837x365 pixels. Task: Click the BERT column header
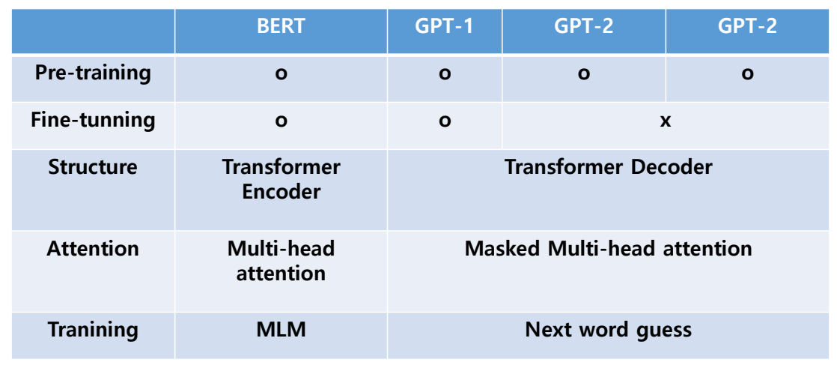[281, 26]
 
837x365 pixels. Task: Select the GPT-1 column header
[444, 26]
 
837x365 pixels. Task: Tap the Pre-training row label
[93, 73]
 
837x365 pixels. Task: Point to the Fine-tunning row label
[93, 120]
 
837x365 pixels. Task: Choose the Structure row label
[93, 166]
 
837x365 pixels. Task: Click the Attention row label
[93, 248]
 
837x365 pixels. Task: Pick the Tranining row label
[93, 329]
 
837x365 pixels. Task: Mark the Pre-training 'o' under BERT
[281, 75]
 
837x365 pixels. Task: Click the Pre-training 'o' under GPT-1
[445, 75]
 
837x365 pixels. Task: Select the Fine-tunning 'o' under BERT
[281, 122]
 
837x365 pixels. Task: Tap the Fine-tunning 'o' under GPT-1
[445, 122]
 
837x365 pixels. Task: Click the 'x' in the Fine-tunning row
[665, 121]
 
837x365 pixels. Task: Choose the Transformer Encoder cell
[281, 178]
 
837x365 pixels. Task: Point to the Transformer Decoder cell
[608, 166]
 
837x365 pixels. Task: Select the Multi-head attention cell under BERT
[281, 260]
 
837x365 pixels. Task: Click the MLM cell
[281, 329]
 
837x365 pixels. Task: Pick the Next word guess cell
[608, 330]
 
